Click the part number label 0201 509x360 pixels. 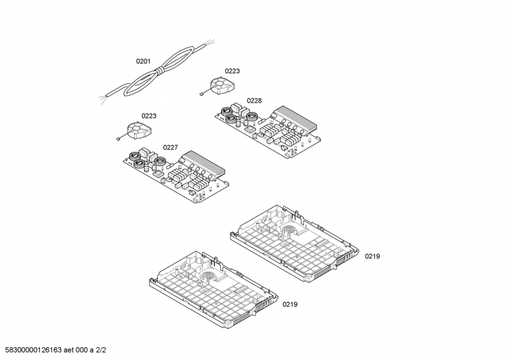143,61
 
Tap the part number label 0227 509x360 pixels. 170,148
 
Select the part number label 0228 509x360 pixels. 254,100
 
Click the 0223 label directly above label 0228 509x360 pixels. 232,71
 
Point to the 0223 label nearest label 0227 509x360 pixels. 149,116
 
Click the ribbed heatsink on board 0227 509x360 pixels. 202,163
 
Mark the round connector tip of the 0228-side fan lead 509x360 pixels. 202,95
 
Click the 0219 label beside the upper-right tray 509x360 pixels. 372,256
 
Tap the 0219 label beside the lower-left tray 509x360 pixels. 289,305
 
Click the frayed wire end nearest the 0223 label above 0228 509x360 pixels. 210,42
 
